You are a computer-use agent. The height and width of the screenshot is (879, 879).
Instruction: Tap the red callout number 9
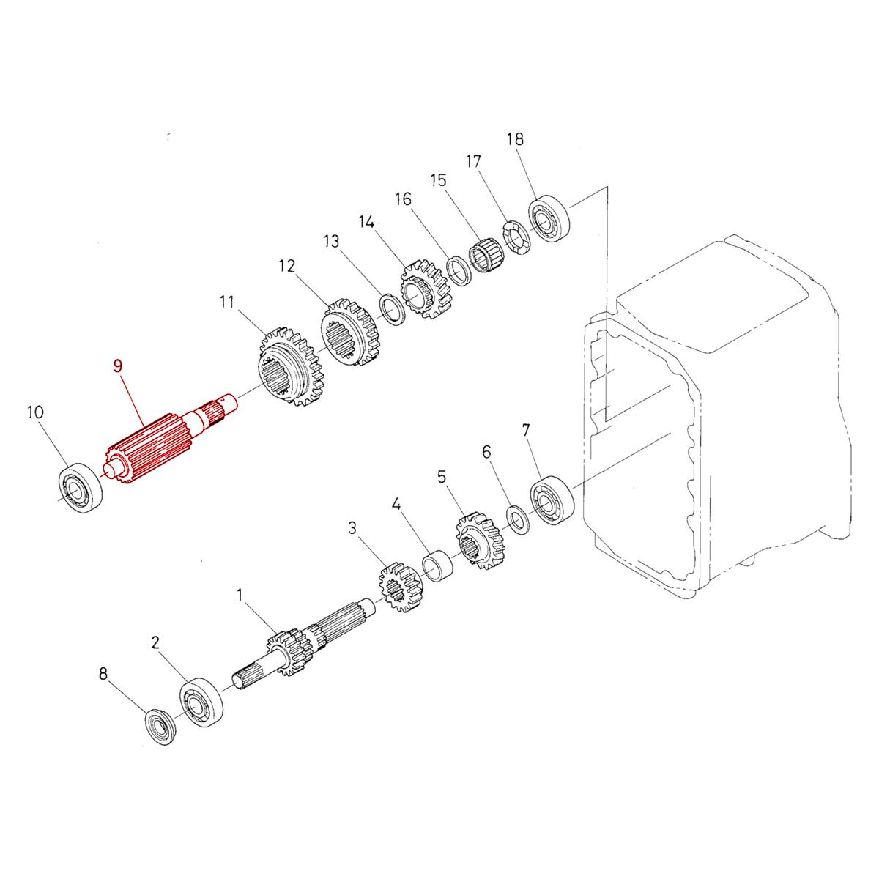[x=118, y=366]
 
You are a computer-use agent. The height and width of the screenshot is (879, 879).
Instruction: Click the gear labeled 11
[x=289, y=367]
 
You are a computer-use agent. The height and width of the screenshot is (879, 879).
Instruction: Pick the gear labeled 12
[x=351, y=334]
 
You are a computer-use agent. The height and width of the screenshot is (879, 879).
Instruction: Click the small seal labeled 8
[x=159, y=727]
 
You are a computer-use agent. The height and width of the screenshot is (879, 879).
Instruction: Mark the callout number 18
[x=516, y=138]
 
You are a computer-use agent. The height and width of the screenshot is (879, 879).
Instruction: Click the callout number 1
[x=239, y=595]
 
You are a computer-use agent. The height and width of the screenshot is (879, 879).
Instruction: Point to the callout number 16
[x=403, y=199]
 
